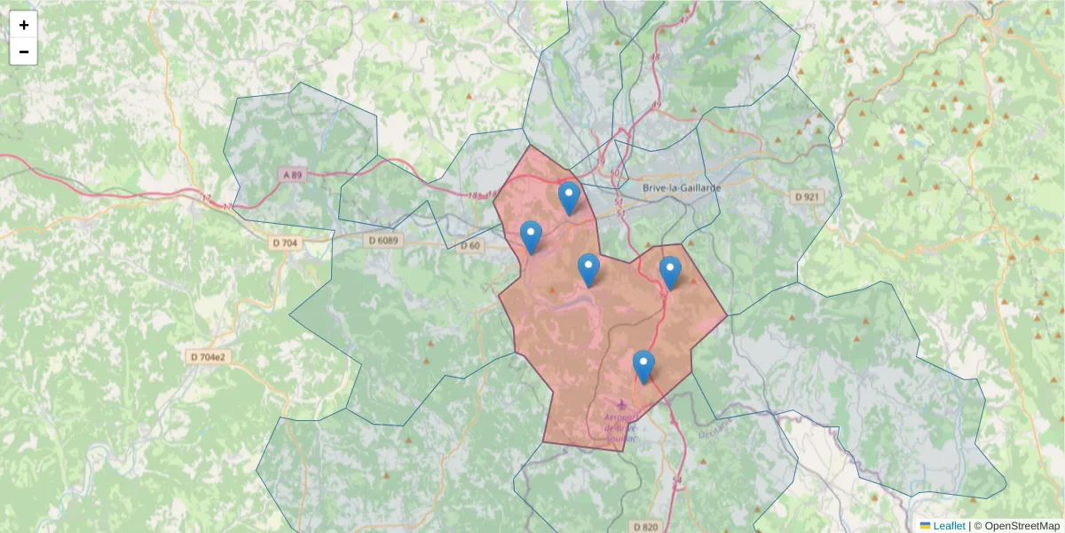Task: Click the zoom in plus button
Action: click(x=24, y=25)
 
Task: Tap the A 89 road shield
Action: click(x=292, y=175)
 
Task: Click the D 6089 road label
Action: click(x=383, y=241)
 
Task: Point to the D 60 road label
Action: click(x=469, y=245)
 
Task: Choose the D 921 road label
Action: click(x=805, y=195)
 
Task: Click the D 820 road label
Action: click(x=646, y=527)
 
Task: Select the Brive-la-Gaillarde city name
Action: click(x=682, y=188)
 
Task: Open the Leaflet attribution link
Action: click(x=949, y=526)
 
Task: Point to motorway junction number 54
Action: click(x=677, y=481)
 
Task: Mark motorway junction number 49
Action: click(x=657, y=105)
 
